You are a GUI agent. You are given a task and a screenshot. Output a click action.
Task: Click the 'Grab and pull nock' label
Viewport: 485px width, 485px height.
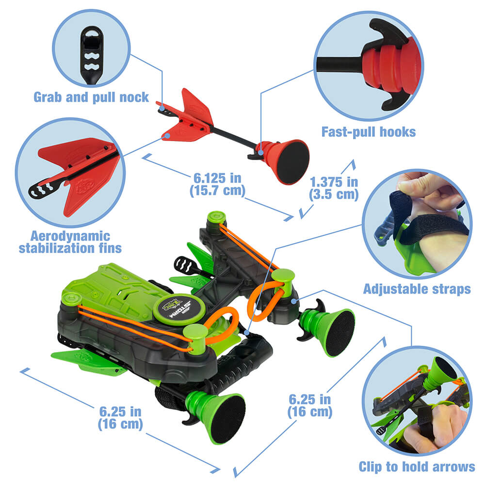point(91,97)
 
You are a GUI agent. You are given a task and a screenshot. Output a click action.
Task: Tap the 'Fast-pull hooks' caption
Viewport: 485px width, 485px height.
point(369,131)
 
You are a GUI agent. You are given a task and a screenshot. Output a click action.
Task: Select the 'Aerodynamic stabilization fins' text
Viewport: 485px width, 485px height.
point(70,242)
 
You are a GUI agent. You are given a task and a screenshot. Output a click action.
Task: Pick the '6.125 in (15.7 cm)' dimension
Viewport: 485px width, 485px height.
point(216,183)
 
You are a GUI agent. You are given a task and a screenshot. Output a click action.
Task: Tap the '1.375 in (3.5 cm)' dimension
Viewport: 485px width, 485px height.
point(334,188)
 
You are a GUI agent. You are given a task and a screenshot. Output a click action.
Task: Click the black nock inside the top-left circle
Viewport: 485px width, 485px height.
point(89,54)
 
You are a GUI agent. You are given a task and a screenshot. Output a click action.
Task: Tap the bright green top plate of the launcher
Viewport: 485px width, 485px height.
point(116,289)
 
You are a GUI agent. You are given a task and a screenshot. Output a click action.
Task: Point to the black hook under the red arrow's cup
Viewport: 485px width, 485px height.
point(253,156)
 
